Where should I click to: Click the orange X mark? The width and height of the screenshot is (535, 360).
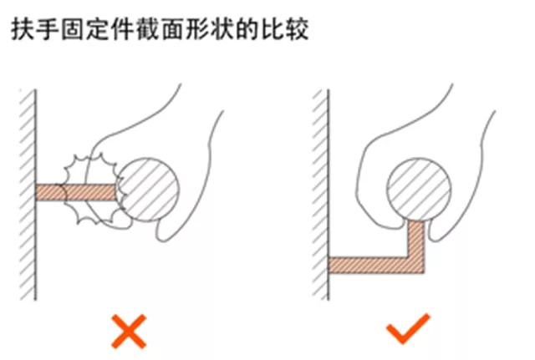tap(129, 332)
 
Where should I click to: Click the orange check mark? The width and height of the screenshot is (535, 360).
tap(408, 328)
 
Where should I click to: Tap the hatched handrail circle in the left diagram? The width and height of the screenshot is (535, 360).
tap(147, 190)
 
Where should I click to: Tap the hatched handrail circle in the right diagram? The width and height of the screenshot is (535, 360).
tap(420, 190)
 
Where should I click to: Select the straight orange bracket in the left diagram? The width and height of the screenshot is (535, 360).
tap(76, 193)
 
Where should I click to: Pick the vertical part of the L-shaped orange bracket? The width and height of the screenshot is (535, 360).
tap(416, 242)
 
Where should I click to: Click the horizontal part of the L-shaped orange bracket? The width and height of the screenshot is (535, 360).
tap(376, 265)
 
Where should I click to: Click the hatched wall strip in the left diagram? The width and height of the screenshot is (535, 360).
tap(28, 195)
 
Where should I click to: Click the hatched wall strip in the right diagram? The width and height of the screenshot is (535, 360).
tap(321, 195)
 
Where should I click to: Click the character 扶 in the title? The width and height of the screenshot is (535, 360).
tap(23, 30)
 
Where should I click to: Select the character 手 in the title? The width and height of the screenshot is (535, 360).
tap(47, 30)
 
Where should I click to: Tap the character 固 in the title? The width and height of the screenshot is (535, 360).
tap(73, 30)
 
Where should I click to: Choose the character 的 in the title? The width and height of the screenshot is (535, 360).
tap(247, 30)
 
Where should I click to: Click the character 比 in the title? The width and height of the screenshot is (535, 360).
tap(273, 30)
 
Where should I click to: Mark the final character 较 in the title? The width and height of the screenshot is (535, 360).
tap(298, 30)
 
